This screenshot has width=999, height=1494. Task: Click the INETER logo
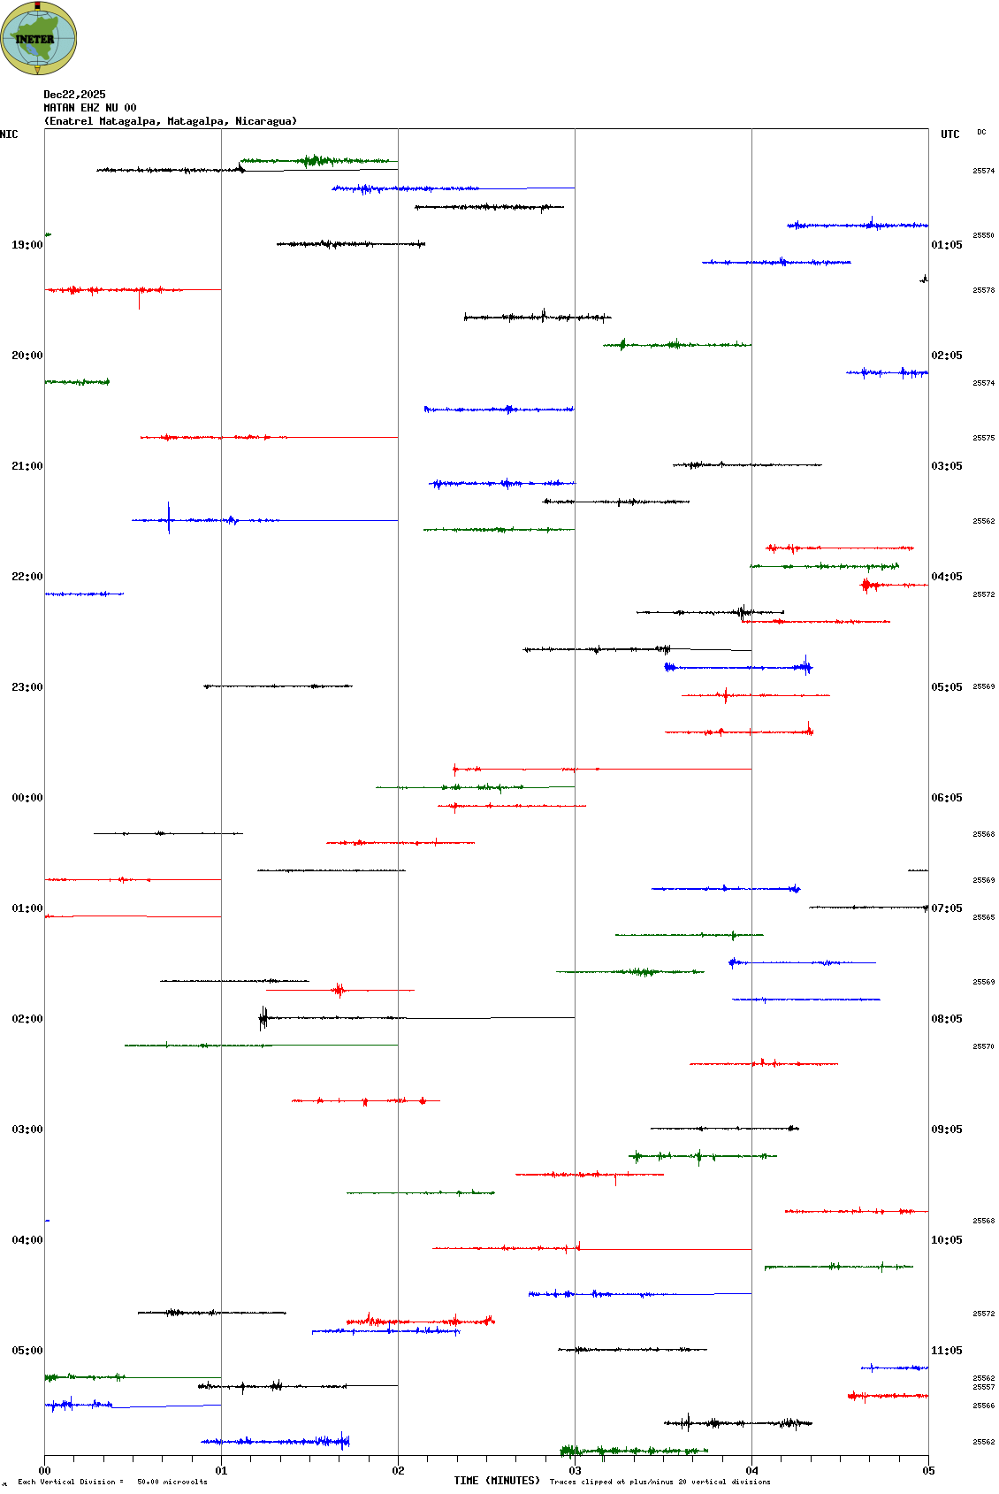click(x=38, y=38)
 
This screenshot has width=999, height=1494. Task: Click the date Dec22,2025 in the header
click(x=74, y=95)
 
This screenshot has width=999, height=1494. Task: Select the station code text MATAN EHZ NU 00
click(x=90, y=108)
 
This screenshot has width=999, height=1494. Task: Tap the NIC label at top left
click(x=9, y=134)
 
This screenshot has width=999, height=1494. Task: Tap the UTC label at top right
click(x=949, y=134)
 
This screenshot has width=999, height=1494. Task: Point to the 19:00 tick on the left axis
click(x=27, y=245)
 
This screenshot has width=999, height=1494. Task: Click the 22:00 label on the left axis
click(x=27, y=577)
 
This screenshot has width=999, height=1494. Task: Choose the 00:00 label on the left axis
click(x=27, y=798)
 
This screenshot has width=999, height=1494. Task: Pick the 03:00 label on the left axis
click(x=27, y=1130)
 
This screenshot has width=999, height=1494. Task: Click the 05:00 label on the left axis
click(x=27, y=1351)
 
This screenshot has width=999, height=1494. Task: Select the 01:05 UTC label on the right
click(x=947, y=245)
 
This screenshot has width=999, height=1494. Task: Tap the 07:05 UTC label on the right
click(x=947, y=908)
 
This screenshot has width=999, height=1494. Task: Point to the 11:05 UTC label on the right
click(x=947, y=1351)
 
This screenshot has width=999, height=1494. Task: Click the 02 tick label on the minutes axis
click(x=399, y=1471)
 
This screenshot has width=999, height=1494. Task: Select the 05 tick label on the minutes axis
click(x=928, y=1471)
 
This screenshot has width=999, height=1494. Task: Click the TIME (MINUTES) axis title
click(x=497, y=1481)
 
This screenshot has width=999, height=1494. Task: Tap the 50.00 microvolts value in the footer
click(x=172, y=1482)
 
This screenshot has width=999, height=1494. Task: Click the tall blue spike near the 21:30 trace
click(x=169, y=517)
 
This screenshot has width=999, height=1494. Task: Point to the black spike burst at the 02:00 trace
click(x=263, y=1018)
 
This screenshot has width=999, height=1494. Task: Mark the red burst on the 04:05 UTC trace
click(x=867, y=585)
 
